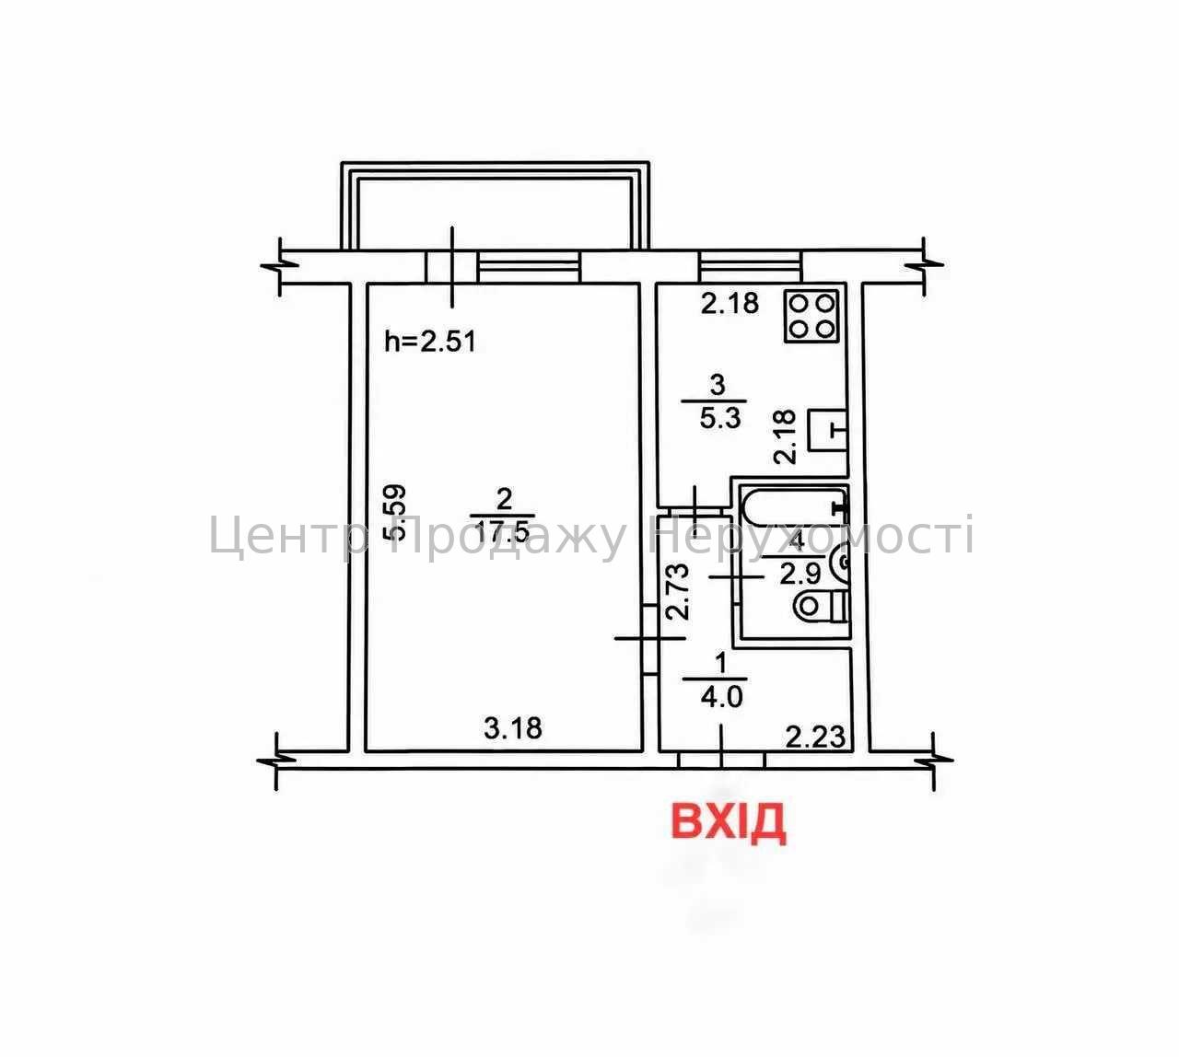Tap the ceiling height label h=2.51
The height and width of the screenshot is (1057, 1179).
(430, 342)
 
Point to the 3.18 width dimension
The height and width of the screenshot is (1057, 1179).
(513, 727)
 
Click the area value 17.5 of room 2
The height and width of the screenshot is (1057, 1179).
(503, 531)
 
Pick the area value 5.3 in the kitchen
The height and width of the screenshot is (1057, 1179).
(720, 418)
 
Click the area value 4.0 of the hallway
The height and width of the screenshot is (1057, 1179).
(721, 697)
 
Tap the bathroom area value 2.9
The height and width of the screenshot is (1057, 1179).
(800, 575)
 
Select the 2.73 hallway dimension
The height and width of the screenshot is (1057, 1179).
(679, 592)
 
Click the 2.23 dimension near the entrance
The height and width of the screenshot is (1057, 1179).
(815, 738)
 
